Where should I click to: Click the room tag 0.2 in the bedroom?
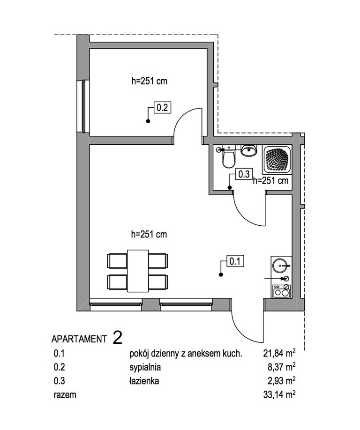point(162,107)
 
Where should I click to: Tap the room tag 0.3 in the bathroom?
point(244,174)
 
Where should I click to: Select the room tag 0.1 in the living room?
point(235,261)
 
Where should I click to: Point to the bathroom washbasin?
point(249,150)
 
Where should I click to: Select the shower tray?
point(276,160)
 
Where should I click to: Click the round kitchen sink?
point(280,266)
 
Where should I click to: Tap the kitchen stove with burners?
point(281,291)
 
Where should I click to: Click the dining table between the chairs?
point(138,271)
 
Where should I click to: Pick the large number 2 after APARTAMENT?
point(118,338)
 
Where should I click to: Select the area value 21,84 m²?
point(279,354)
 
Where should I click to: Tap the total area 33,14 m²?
point(279,394)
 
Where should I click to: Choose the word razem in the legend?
point(65,395)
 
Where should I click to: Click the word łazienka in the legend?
point(144,381)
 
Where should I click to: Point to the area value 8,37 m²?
point(282,367)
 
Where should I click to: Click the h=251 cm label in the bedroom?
point(149,81)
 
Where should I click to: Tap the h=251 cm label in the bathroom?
point(270,181)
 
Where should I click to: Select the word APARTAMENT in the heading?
point(79,339)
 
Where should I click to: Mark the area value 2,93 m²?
point(282,381)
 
